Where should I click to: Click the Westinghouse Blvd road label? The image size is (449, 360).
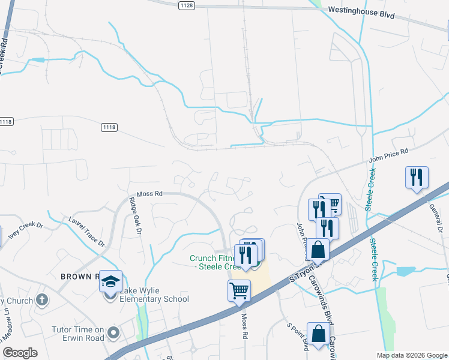click(x=361, y=12)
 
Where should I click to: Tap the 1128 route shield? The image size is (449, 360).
click(x=186, y=5)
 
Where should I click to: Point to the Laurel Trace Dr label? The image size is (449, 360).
click(x=86, y=232)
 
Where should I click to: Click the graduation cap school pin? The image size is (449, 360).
click(x=111, y=281)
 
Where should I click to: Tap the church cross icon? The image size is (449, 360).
click(x=41, y=299)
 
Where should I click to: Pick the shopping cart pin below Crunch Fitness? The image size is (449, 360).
click(x=239, y=291)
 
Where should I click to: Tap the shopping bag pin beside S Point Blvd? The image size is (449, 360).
click(x=318, y=334)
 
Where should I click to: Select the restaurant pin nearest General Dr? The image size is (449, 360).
click(x=416, y=178)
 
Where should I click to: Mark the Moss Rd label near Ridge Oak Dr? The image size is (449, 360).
click(x=149, y=194)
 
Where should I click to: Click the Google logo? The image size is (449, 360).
click(x=20, y=353)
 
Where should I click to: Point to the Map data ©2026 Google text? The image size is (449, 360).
click(x=412, y=355)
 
